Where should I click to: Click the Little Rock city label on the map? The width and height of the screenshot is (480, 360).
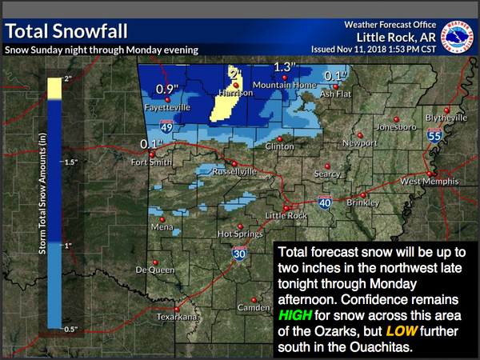click(x=286, y=214)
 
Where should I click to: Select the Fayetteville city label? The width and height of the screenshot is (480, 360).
click(x=166, y=106)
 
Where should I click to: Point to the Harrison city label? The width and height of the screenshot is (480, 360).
click(x=236, y=93)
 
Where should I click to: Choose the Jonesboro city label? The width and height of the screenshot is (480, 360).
click(x=395, y=126)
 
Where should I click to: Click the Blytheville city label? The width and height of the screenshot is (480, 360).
click(x=446, y=118)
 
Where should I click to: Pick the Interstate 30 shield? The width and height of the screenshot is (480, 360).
click(x=239, y=254)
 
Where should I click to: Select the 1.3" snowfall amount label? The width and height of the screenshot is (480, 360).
click(x=285, y=66)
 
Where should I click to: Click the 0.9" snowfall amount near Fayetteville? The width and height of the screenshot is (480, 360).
click(x=166, y=89)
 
